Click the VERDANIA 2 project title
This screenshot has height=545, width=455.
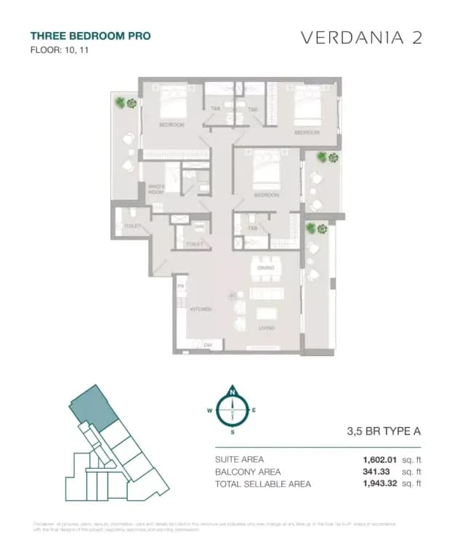point(361,39)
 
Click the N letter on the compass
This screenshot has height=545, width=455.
point(233,393)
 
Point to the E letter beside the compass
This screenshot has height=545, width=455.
point(254,410)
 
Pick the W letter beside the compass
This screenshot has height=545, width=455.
point(209,411)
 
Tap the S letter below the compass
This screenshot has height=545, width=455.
point(233,432)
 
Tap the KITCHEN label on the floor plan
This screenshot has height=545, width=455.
point(201,310)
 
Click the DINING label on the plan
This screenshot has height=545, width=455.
point(265,268)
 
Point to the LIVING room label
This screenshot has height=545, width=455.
point(266,328)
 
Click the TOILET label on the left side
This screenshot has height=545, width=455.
point(132,226)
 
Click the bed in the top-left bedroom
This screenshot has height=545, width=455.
point(172,109)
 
